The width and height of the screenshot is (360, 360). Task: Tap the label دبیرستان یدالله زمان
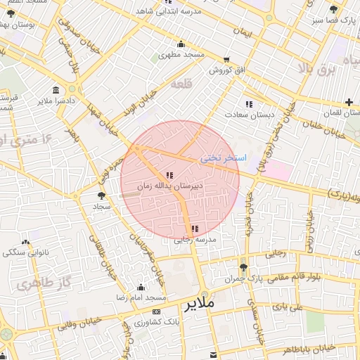(x=169, y=187)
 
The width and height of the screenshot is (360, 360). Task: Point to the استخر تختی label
(x=223, y=159)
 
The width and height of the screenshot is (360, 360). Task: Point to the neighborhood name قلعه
(x=181, y=84)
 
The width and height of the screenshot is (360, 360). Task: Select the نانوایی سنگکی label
(x=23, y=251)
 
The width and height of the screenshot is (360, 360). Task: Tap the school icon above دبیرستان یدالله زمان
(x=169, y=175)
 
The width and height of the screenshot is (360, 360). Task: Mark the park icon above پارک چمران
(x=243, y=267)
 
